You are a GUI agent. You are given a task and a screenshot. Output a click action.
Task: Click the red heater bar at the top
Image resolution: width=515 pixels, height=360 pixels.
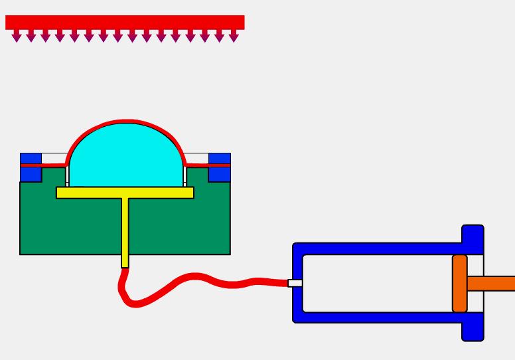(x=125, y=22)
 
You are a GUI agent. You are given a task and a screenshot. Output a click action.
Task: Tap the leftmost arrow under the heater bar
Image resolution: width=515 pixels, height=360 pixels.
(x=17, y=37)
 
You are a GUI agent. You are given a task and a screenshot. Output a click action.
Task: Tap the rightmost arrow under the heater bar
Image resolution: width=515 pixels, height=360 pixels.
(x=234, y=37)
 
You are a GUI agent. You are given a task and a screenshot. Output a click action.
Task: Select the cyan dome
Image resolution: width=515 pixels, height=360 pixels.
(x=126, y=156)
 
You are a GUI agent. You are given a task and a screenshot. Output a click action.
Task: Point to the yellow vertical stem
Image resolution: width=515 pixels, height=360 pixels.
(x=125, y=232)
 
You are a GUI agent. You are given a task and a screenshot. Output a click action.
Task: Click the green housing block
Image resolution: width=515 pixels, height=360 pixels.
(x=66, y=226)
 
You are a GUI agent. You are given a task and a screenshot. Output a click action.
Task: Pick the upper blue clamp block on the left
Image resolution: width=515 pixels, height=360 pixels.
(x=31, y=158)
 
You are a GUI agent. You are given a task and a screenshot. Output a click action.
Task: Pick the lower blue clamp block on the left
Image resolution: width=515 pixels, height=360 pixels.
(x=31, y=174)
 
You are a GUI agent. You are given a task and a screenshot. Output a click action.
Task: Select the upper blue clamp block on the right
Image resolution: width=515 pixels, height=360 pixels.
(x=220, y=158)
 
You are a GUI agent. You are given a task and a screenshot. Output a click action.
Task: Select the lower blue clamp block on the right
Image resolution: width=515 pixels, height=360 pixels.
(x=220, y=174)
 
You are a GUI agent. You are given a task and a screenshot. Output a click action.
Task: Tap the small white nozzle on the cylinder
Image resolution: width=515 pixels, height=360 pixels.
(x=295, y=283)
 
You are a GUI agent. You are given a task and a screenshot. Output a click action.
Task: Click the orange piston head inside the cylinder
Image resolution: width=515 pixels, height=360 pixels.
(x=460, y=284)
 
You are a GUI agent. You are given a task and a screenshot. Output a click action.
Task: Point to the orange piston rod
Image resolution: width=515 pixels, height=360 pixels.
(x=491, y=284)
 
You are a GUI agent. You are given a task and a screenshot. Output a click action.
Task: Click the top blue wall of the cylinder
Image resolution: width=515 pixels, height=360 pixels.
(x=378, y=248)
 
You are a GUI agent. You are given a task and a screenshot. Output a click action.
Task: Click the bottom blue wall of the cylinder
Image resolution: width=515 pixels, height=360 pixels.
(x=378, y=317)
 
